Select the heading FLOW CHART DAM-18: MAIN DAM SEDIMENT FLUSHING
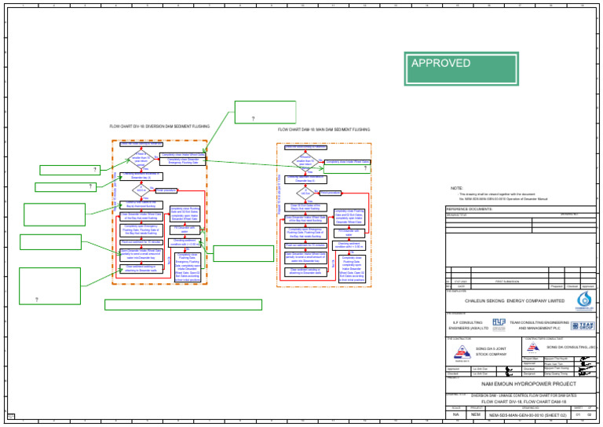click(323, 129)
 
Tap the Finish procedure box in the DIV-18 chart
click(168, 190)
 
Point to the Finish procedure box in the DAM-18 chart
click(329, 192)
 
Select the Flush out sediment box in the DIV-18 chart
click(141, 242)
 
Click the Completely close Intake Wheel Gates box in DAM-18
click(346, 162)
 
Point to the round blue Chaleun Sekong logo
click(586, 301)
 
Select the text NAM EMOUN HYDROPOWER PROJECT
click(517, 382)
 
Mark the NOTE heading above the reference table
click(456, 188)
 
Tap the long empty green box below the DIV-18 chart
click(183, 304)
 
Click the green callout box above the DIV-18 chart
click(265, 112)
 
